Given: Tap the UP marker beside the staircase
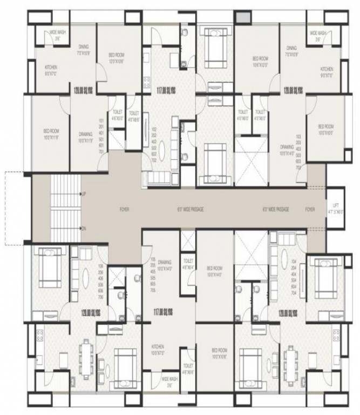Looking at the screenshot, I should click(83, 193).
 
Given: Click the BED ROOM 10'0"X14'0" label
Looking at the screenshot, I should click(214, 271).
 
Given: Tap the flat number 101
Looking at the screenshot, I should click(101, 121).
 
